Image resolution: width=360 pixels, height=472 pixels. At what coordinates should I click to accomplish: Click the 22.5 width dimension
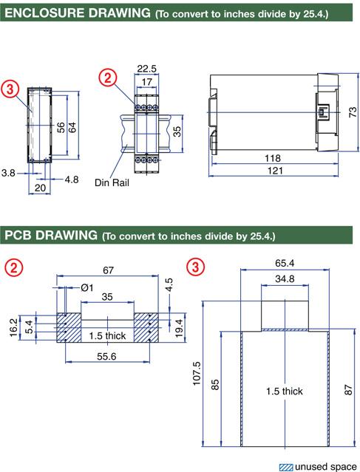click(x=146, y=69)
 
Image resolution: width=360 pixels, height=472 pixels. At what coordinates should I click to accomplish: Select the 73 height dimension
click(x=353, y=112)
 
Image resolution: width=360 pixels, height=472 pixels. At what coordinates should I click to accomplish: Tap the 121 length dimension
click(x=275, y=171)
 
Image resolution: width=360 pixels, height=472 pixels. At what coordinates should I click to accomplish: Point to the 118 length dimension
click(x=273, y=158)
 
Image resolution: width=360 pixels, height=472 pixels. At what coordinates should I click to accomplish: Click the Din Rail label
click(x=112, y=182)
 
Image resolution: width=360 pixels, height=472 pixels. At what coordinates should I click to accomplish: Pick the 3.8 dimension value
click(x=8, y=173)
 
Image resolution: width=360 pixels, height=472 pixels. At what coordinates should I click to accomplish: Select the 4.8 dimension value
click(x=72, y=179)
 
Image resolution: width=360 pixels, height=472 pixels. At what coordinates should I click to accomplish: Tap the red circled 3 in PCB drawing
click(x=195, y=267)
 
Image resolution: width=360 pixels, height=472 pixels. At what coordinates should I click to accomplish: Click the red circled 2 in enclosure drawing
click(x=107, y=78)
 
